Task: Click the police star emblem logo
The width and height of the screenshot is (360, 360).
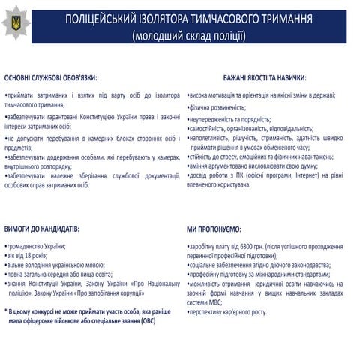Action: coord(16,23)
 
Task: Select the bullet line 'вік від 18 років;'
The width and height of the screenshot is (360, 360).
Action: coord(30,256)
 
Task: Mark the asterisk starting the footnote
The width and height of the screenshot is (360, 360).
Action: coord(6,289)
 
